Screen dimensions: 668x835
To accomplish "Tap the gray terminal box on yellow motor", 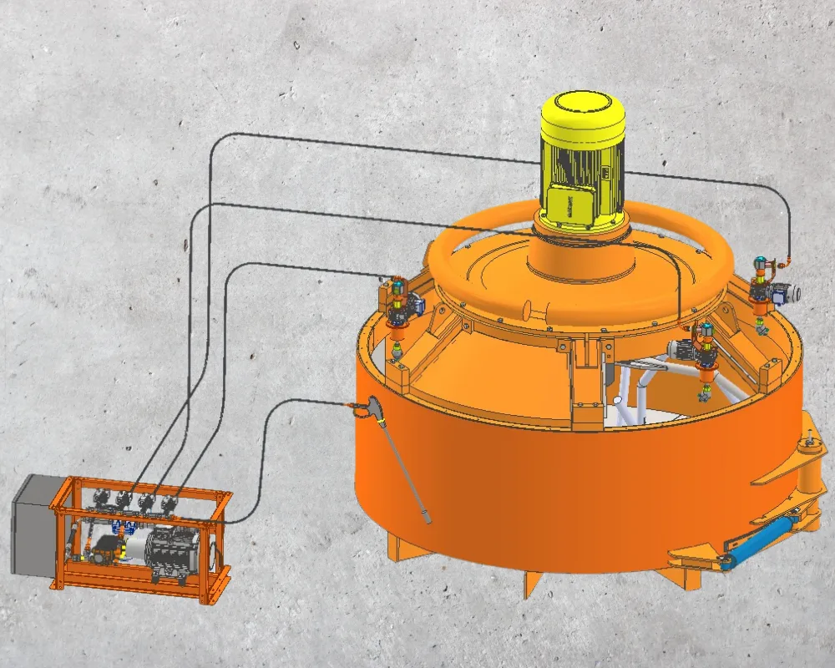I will click(x=572, y=205).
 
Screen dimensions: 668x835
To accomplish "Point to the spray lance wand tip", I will click(x=427, y=519).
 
